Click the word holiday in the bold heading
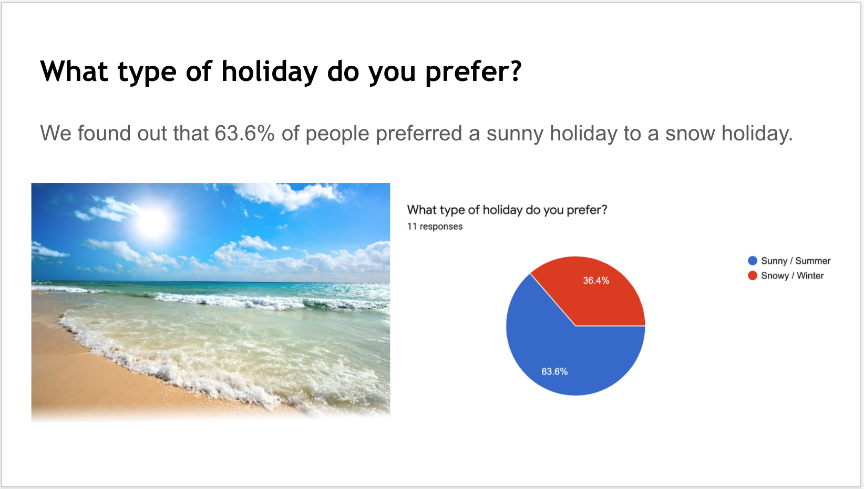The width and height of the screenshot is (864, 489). [269, 73]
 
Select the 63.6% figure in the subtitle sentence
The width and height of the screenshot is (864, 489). [244, 133]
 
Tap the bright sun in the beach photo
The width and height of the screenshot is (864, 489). [153, 223]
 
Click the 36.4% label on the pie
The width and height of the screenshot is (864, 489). [596, 281]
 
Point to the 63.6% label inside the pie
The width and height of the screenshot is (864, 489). [554, 372]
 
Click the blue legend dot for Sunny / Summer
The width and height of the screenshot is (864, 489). [752, 261]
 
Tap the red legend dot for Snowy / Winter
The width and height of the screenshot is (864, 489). [752, 276]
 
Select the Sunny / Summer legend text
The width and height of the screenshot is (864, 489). [795, 261]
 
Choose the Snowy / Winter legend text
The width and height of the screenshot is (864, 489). [792, 276]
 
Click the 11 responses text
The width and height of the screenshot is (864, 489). [435, 227]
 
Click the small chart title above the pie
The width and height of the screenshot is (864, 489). [507, 210]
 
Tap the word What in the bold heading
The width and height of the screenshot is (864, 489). [74, 72]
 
